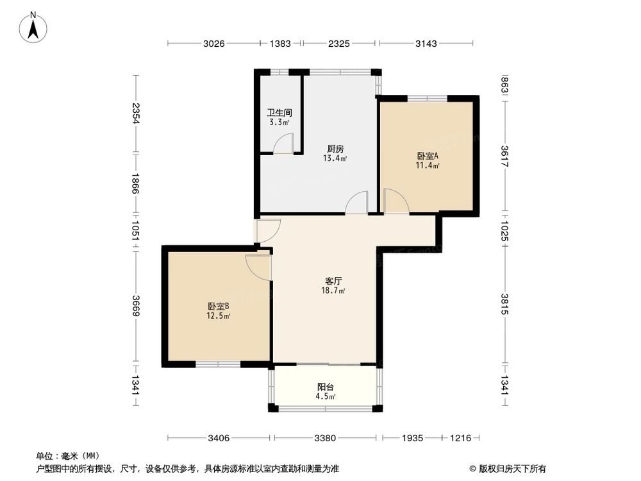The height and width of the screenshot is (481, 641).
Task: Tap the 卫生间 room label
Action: point(279,112)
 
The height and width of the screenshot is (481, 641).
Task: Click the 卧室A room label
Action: point(428,156)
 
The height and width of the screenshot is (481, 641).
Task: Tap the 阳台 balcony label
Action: point(326,387)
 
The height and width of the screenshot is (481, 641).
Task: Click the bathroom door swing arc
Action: point(283,144)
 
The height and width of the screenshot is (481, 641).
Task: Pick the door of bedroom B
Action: point(258,266)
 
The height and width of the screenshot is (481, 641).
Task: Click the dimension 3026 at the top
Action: point(214,44)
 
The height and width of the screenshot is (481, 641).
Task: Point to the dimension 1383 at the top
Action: point(281,44)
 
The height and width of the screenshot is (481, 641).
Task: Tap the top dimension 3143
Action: point(426,44)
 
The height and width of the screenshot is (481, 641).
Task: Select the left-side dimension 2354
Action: point(135,114)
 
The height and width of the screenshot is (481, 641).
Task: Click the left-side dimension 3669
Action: point(135,305)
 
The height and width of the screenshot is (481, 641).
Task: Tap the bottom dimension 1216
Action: point(460,438)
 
